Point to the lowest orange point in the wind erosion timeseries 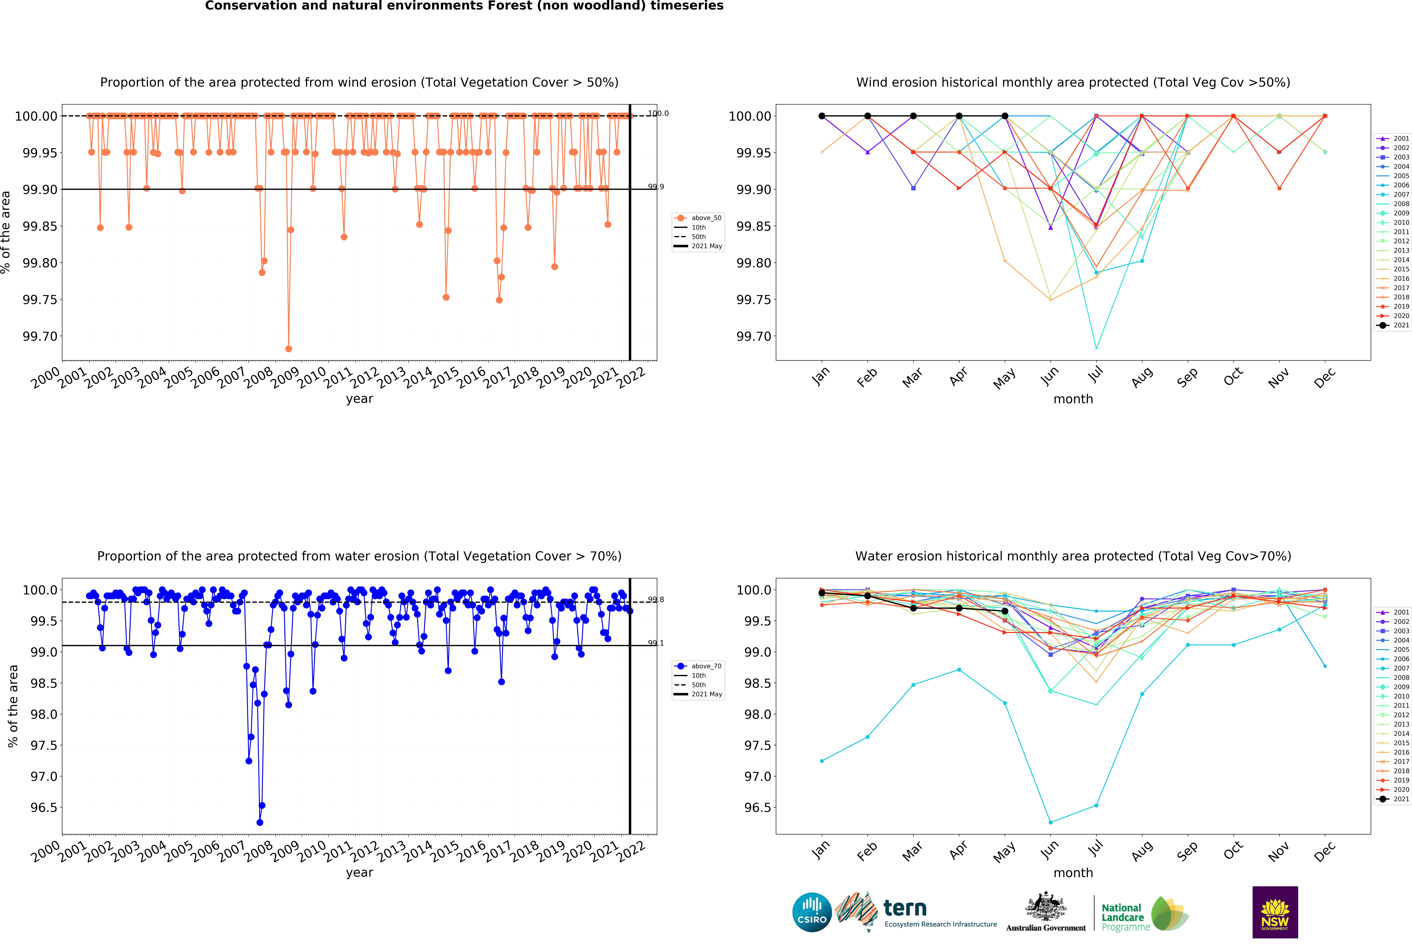pos(289,349)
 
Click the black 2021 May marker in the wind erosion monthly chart pos(1005,116)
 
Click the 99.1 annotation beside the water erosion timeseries pos(655,643)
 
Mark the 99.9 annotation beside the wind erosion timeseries pos(655,186)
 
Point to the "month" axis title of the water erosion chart pos(1073,873)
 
